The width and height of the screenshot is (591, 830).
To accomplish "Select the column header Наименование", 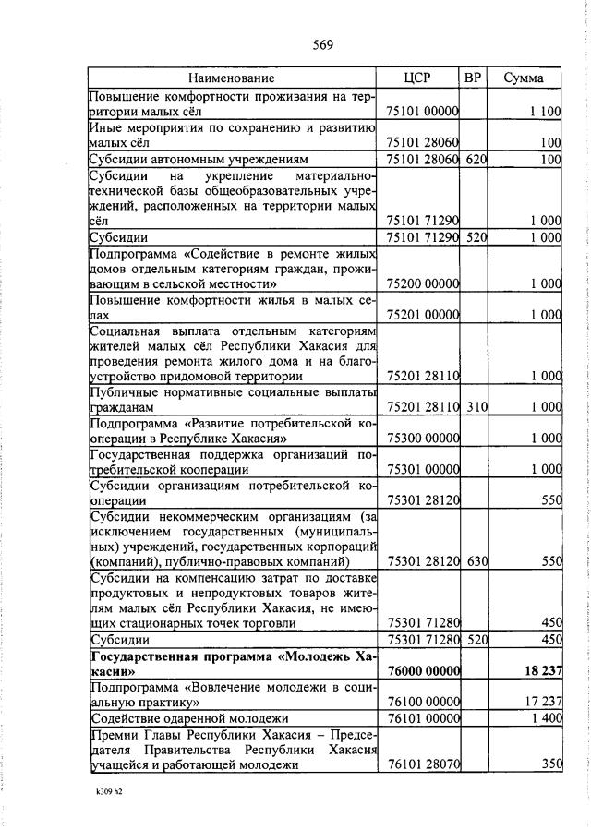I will pyautogui.click(x=233, y=78).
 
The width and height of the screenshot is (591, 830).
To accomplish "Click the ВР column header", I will pyautogui.click(x=473, y=78).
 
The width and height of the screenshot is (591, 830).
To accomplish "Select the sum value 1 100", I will pyautogui.click(x=546, y=112).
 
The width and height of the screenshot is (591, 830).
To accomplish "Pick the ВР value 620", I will pyautogui.click(x=475, y=160).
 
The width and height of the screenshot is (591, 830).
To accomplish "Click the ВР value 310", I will pyautogui.click(x=475, y=406).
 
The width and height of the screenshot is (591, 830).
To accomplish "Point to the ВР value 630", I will pyautogui.click(x=475, y=561).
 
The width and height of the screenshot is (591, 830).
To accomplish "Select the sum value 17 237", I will pyautogui.click(x=543, y=702).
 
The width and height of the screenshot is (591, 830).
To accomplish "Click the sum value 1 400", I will pyautogui.click(x=546, y=717).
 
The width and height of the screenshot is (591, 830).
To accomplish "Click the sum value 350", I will pyautogui.click(x=550, y=764).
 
